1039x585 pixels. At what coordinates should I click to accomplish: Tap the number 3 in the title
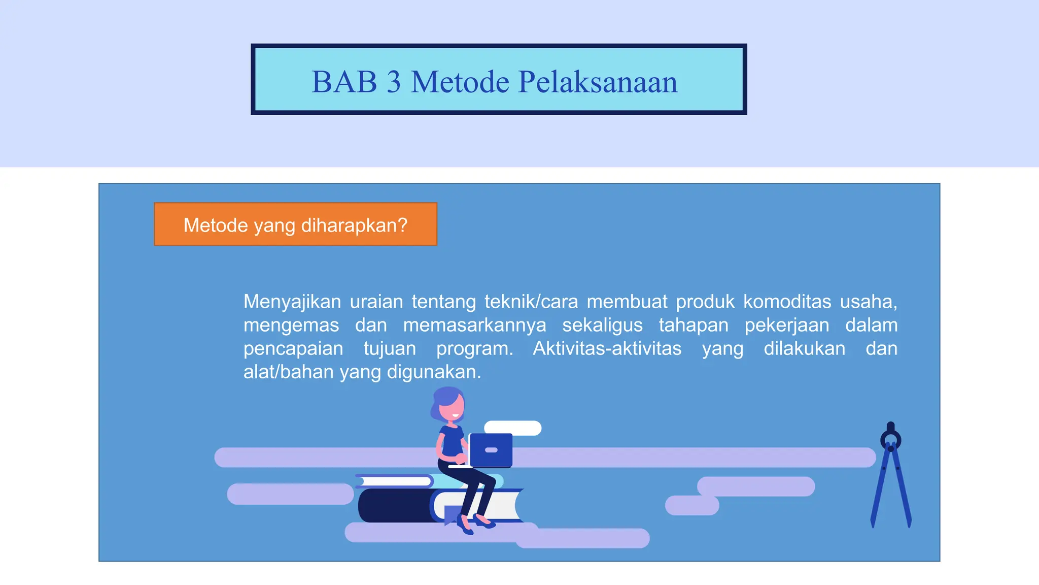point(393,82)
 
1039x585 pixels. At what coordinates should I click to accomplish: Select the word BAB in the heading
point(344,82)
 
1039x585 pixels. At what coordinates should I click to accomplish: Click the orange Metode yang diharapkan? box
point(295,224)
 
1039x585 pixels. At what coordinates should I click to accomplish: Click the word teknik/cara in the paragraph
point(531,302)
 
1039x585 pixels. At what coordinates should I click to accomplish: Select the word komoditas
point(787,302)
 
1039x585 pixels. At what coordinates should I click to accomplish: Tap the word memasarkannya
point(474,325)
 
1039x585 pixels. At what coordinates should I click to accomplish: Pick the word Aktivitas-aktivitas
point(607,348)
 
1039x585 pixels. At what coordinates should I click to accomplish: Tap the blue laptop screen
point(491,449)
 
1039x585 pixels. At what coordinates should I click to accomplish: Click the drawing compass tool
point(891,477)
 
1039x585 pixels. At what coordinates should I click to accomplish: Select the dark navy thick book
point(393,505)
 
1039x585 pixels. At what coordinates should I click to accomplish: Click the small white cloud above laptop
point(512,428)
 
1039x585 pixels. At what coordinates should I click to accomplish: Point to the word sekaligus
point(602,325)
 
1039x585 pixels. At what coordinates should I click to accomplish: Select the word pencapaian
point(293,348)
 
